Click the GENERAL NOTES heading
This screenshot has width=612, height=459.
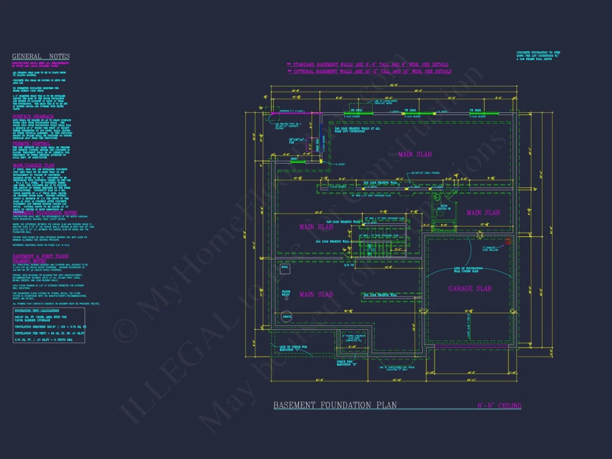[x=41, y=56]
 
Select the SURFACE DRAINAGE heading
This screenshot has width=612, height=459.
[x=33, y=117]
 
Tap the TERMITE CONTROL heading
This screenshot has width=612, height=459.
[x=32, y=144]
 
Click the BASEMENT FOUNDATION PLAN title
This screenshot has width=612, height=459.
[x=335, y=406]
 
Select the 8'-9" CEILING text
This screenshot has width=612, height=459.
[x=499, y=406]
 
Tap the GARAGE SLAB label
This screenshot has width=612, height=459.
[x=470, y=288]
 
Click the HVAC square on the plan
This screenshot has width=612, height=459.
[x=286, y=269]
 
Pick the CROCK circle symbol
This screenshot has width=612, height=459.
[x=287, y=316]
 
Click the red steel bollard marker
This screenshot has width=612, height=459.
[x=507, y=241]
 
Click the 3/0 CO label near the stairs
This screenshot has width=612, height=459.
[x=349, y=264]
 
